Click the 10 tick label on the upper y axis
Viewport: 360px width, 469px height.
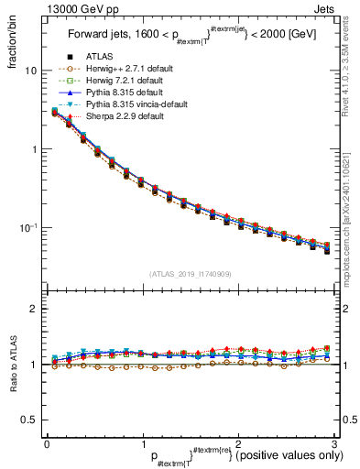click(31, 71)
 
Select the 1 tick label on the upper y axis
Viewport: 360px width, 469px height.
click(35, 149)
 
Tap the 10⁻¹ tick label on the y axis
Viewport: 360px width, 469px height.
click(29, 227)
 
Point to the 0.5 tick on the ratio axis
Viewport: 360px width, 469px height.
click(30, 420)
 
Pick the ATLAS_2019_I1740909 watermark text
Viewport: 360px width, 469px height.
click(190, 274)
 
